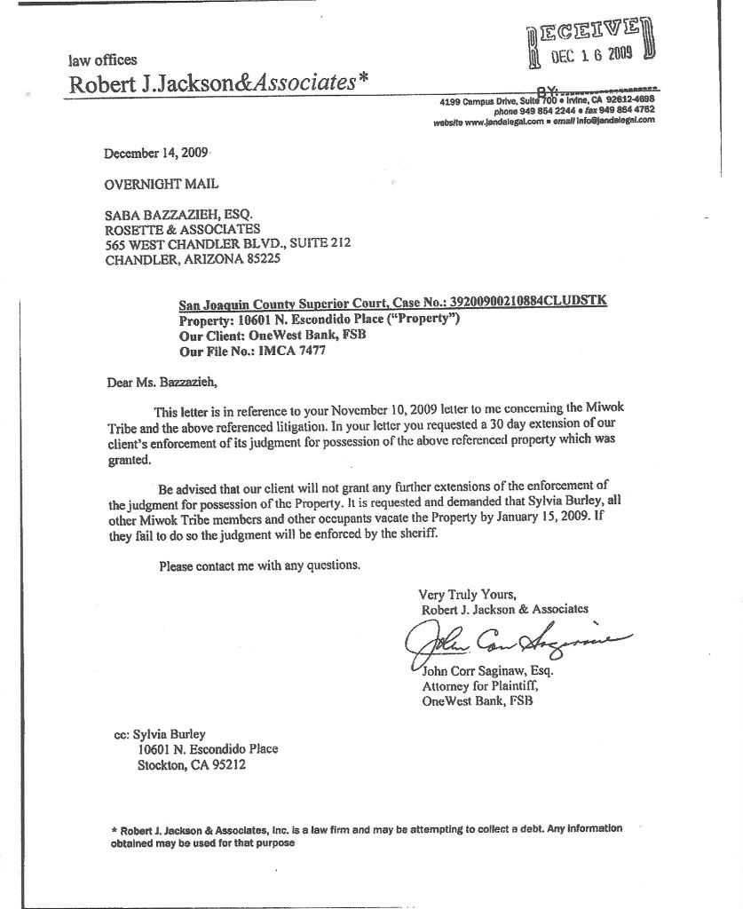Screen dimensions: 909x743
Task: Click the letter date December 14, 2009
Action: pos(156,153)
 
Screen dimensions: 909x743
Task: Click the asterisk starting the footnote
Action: pos(115,829)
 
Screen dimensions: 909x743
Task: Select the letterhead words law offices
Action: pos(103,60)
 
